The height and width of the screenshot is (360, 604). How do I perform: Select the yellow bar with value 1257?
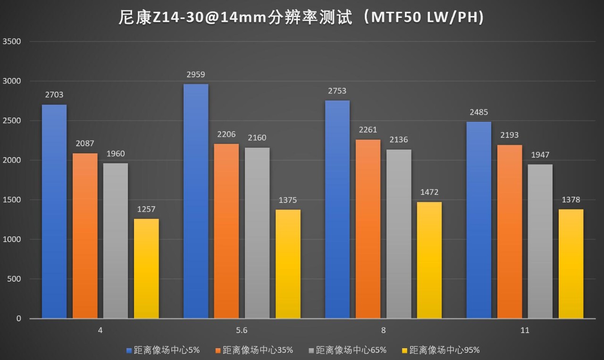(146, 268)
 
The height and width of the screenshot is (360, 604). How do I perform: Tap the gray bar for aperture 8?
(399, 234)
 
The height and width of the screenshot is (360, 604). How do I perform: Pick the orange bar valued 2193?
(510, 232)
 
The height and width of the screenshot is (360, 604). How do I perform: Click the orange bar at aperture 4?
(85, 236)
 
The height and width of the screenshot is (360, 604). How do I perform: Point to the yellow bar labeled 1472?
(429, 260)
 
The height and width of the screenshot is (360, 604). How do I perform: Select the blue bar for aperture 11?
(479, 220)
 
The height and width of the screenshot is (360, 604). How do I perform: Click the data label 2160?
(257, 138)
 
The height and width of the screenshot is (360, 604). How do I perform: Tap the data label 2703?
(54, 95)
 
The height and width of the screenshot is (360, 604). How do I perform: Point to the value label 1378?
(571, 200)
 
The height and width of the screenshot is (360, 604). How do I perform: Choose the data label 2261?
(368, 130)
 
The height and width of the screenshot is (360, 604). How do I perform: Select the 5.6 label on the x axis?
(242, 331)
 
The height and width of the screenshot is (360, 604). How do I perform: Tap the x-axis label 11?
(525, 331)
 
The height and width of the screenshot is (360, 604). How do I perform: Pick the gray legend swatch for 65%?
(310, 350)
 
